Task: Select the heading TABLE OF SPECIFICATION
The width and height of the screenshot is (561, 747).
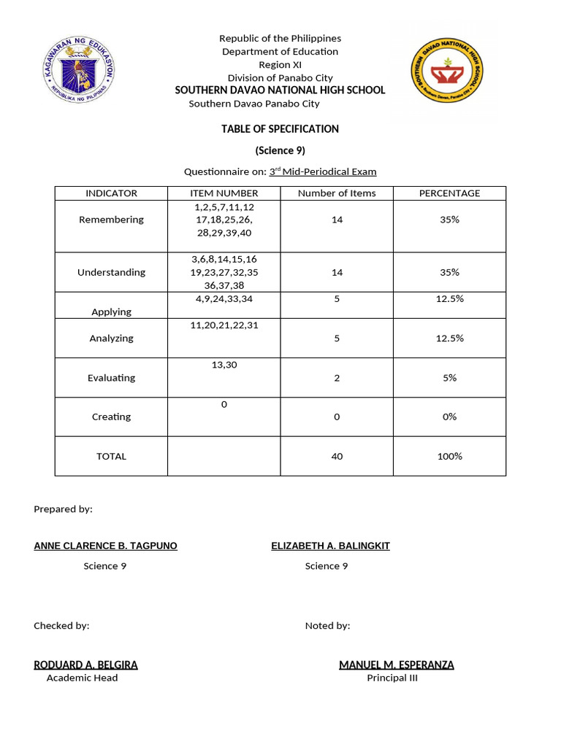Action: [x=280, y=129]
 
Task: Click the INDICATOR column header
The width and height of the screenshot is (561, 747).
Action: [x=111, y=193]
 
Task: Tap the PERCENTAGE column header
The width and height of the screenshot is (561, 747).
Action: [x=449, y=193]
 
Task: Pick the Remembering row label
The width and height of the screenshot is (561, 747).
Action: [x=111, y=220]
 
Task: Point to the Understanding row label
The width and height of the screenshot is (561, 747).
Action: [x=111, y=272]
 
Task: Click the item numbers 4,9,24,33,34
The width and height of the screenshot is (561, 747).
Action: [x=224, y=298]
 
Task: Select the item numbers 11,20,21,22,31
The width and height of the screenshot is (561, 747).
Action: [x=224, y=325]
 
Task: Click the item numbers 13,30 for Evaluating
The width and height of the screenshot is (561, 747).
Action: [x=224, y=365]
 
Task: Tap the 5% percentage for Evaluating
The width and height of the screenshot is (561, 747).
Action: [x=449, y=378]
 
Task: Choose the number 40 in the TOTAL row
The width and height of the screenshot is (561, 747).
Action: [x=337, y=457]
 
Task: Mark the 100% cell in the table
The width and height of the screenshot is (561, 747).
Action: [x=449, y=457]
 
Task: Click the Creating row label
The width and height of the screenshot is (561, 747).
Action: [x=111, y=417]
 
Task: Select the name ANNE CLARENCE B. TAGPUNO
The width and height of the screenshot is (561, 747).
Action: [x=105, y=546]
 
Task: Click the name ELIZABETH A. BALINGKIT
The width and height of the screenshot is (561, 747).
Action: [x=330, y=546]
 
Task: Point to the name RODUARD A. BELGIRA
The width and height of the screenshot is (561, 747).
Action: [x=85, y=665]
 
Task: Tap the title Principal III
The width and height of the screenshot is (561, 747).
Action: [x=392, y=678]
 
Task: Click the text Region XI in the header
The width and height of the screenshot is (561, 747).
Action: [x=280, y=65]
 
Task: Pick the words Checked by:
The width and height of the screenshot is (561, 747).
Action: [x=61, y=626]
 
